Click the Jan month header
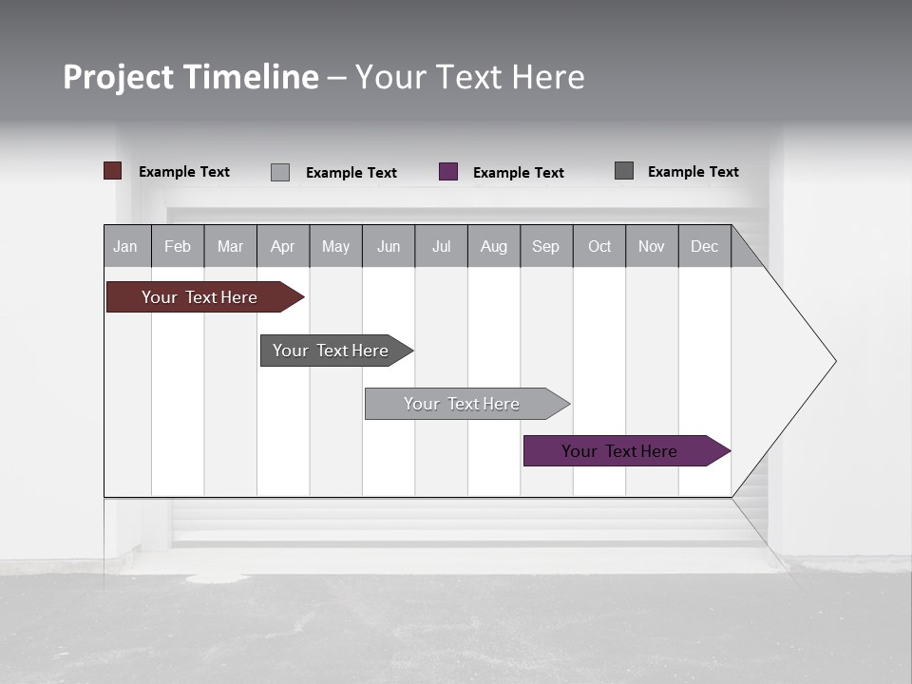click(126, 246)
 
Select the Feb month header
click(178, 246)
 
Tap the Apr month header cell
click(283, 246)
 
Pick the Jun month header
click(389, 246)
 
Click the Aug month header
click(494, 246)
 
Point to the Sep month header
click(546, 246)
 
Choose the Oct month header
click(599, 246)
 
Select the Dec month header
click(705, 246)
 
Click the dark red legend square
click(113, 171)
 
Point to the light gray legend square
click(280, 172)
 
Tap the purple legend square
click(448, 172)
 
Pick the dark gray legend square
click(624, 171)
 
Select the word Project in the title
click(118, 77)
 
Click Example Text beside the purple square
click(519, 173)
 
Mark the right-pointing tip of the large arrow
click(834, 361)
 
